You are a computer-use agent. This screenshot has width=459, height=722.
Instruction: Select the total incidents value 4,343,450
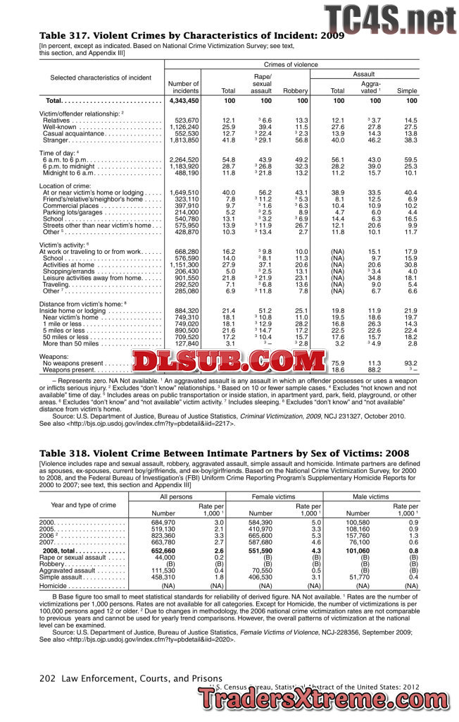[182, 102]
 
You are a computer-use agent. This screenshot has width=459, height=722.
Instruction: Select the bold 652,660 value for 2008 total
[161, 551]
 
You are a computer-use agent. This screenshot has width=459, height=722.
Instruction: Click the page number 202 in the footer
[47, 678]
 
